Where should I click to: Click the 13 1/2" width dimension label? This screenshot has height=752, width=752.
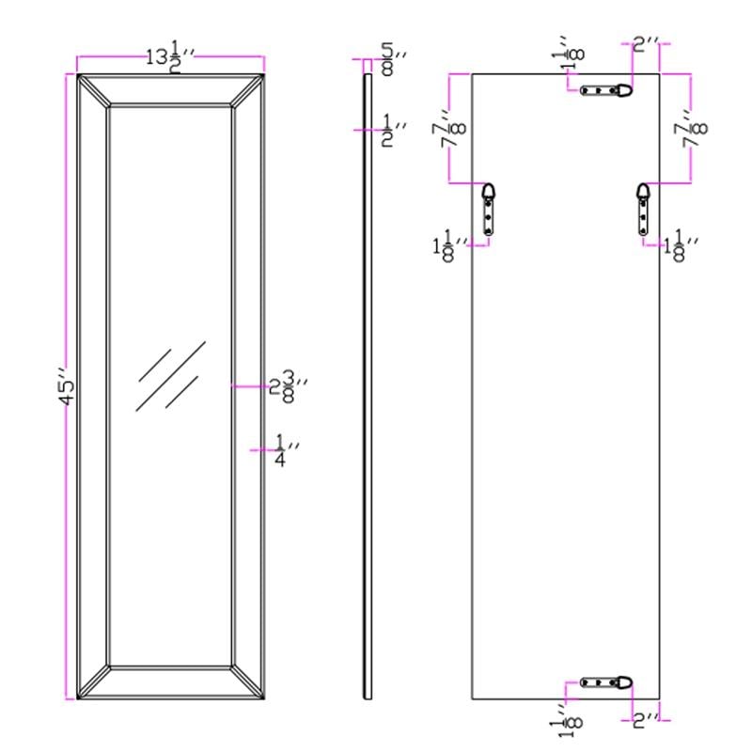[169, 56]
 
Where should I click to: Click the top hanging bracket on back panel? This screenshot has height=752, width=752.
[606, 91]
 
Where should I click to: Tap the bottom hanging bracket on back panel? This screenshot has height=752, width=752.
[606, 682]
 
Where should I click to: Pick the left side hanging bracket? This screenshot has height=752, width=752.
[488, 208]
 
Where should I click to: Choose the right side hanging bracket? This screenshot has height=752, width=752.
[643, 208]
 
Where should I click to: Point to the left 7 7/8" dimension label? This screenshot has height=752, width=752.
[458, 128]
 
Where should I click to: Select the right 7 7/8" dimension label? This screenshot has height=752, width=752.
[697, 128]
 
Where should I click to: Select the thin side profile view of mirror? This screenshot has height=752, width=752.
[368, 385]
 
